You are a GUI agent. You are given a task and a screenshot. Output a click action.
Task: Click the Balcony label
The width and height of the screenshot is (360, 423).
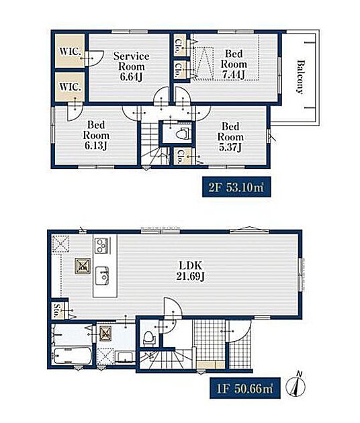[300, 77]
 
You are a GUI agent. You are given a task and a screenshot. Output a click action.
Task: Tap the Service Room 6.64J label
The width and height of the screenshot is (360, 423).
[131, 66]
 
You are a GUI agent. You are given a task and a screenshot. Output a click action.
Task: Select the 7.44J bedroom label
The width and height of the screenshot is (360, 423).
[234, 64]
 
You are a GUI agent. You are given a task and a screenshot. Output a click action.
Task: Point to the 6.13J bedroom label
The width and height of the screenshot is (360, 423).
[96, 135]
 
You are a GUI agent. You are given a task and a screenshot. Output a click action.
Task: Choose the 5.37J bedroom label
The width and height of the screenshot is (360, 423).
[230, 137]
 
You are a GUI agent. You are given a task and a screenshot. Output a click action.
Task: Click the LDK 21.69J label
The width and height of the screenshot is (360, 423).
[191, 271]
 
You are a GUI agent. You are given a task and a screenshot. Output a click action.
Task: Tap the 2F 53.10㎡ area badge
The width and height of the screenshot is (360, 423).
[236, 187]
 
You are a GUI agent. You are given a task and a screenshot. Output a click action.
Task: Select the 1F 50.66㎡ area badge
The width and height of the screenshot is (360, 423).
[245, 388]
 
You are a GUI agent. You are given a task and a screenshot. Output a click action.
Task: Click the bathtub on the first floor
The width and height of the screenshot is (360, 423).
[72, 356]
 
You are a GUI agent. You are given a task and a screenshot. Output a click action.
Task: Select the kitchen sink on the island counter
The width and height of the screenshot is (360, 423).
[103, 275]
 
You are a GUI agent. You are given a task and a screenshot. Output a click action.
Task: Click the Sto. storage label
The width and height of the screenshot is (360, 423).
[56, 310]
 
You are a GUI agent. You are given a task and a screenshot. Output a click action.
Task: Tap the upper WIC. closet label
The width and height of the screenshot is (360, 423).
[70, 51]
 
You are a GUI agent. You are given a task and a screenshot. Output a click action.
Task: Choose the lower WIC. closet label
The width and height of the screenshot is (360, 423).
[70, 87]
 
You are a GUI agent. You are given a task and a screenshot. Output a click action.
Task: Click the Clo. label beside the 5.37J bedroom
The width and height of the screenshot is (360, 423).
[179, 156]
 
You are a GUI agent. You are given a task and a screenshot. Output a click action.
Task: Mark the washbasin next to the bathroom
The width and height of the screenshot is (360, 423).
[125, 357]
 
